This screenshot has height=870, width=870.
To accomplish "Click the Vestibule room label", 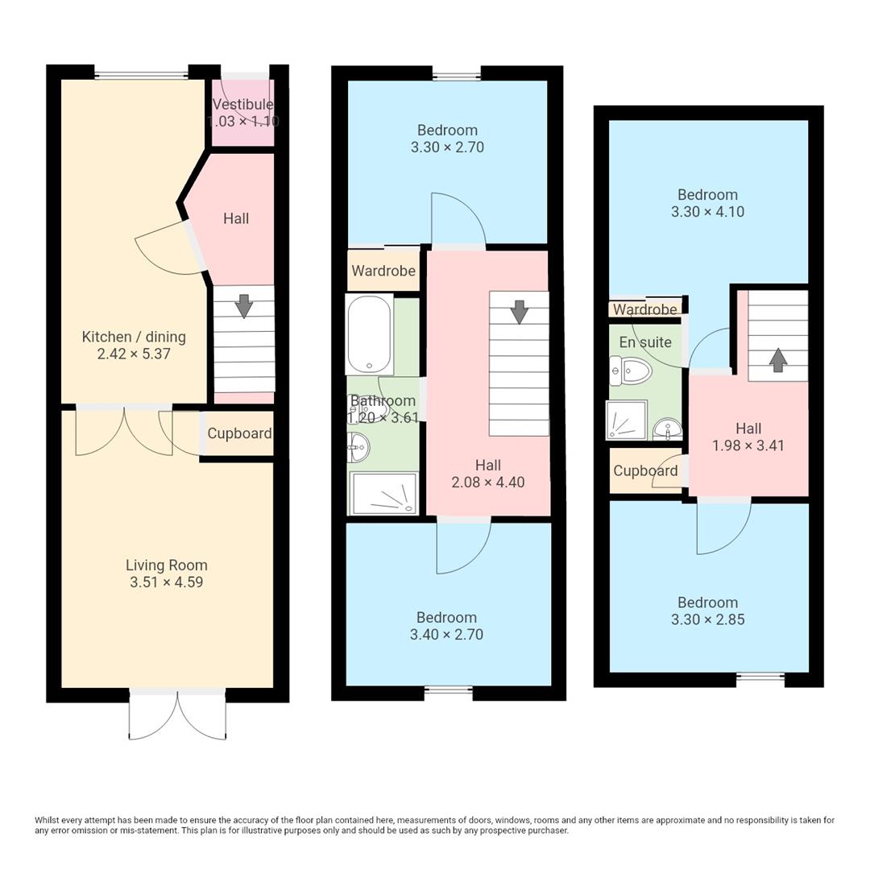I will click(242, 105).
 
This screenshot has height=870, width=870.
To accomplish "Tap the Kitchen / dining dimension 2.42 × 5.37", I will click(134, 354).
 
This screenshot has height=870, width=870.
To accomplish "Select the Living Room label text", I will click(166, 565).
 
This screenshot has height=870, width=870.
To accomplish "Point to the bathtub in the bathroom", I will click(369, 334).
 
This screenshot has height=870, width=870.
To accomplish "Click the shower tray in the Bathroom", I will click(383, 492).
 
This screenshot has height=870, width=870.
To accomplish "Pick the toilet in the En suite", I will click(632, 371).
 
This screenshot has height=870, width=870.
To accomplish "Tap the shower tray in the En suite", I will click(627, 420).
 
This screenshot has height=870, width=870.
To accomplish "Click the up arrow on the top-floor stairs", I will click(777, 360).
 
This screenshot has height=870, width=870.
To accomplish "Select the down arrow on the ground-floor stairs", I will click(244, 306).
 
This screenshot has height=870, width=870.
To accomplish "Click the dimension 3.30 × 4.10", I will click(707, 212).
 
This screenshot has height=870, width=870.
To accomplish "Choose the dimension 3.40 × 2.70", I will click(446, 635).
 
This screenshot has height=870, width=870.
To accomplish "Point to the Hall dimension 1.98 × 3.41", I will click(748, 445).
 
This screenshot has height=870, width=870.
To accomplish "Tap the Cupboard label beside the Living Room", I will click(239, 433).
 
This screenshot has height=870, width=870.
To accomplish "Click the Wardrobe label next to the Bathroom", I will click(383, 271).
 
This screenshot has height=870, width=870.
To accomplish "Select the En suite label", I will click(644, 342).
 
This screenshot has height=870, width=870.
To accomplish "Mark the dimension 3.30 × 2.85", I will click(707, 619).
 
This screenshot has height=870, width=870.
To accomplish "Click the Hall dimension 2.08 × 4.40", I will click(488, 483).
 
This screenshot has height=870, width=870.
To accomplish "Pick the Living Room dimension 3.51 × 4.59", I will click(166, 582).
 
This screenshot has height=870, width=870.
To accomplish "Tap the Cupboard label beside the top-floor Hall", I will click(645, 470).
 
